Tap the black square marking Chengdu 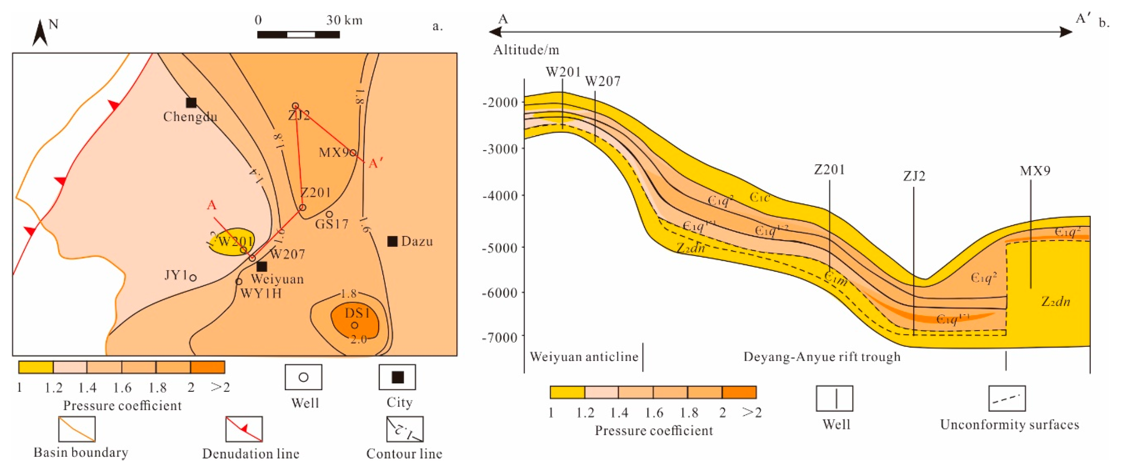click(191, 103)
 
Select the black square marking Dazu click(392, 241)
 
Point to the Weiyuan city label click(277, 279)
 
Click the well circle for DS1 click(355, 325)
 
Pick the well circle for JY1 click(193, 277)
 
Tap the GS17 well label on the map click(332, 224)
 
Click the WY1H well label click(261, 293)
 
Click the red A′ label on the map click(376, 164)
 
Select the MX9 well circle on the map click(353, 153)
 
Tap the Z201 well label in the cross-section click(829, 170)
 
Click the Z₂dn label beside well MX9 click(1055, 301)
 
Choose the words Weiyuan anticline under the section click(584, 357)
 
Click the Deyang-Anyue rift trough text click(822, 357)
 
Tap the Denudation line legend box click(244, 429)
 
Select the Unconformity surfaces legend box click(1007, 398)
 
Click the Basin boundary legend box click(77, 429)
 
